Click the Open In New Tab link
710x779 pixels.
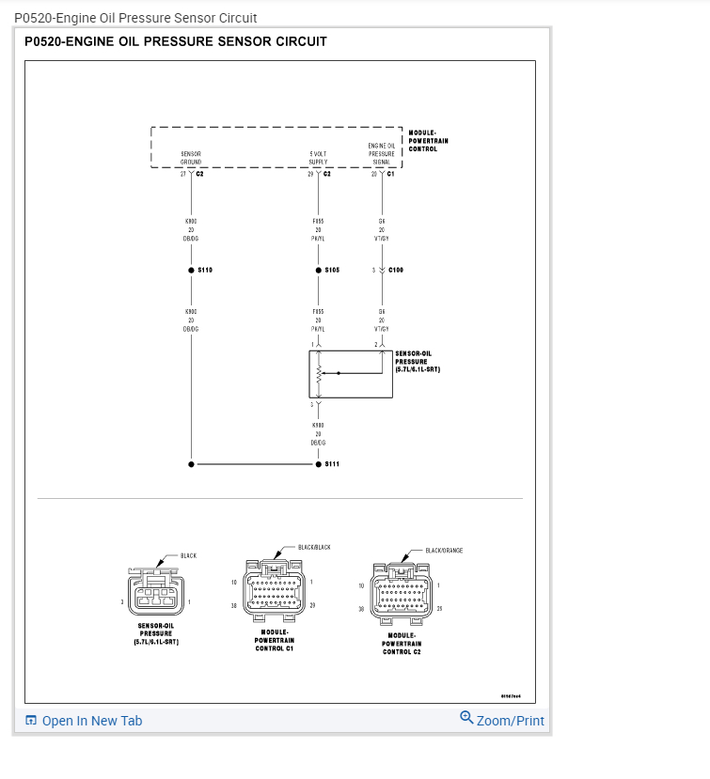click(91, 721)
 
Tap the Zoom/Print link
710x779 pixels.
click(510, 721)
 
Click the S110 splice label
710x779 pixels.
click(205, 270)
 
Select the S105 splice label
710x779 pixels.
click(332, 270)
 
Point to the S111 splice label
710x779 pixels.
click(332, 463)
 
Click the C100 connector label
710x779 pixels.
click(395, 270)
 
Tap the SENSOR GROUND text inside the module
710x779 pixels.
click(191, 158)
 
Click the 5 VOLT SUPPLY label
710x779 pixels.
click(318, 158)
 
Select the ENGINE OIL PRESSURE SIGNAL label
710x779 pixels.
click(381, 153)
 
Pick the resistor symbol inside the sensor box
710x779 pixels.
click(319, 374)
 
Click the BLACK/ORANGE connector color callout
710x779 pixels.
click(444, 551)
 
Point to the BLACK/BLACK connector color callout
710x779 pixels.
click(314, 547)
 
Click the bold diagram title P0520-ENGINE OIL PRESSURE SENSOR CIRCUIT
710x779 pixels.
click(176, 41)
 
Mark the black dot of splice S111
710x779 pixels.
click(319, 463)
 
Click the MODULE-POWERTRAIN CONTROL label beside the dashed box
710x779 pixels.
click(428, 141)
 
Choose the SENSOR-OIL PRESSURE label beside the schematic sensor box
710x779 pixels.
click(417, 362)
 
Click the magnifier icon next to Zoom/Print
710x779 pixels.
click(466, 718)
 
